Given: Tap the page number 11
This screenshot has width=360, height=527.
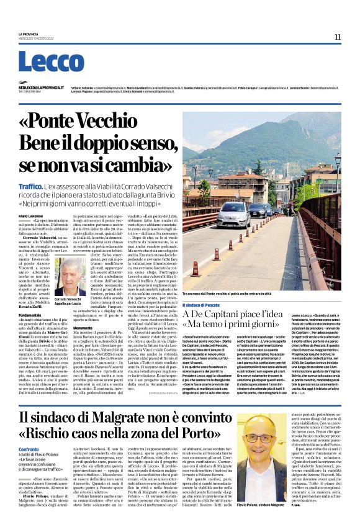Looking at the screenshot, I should point(337,37).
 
